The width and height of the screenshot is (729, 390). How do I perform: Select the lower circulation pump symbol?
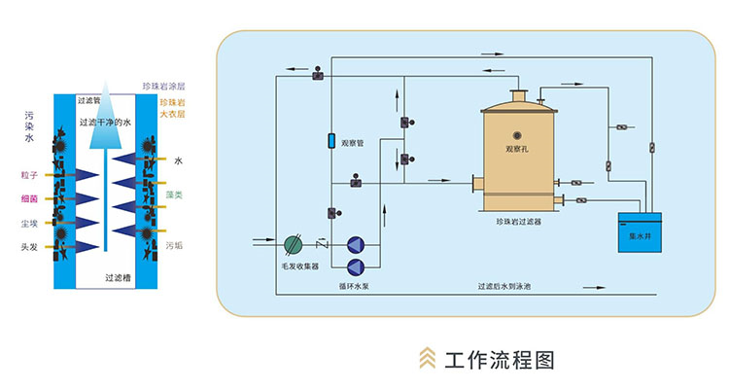click(x=355, y=266)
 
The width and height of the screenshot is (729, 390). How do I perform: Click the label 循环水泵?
click(x=355, y=288)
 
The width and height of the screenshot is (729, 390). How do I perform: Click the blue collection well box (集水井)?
click(x=639, y=232)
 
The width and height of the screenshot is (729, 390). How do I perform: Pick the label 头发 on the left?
click(x=29, y=247)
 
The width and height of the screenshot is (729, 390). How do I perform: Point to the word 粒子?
click(x=29, y=174)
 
